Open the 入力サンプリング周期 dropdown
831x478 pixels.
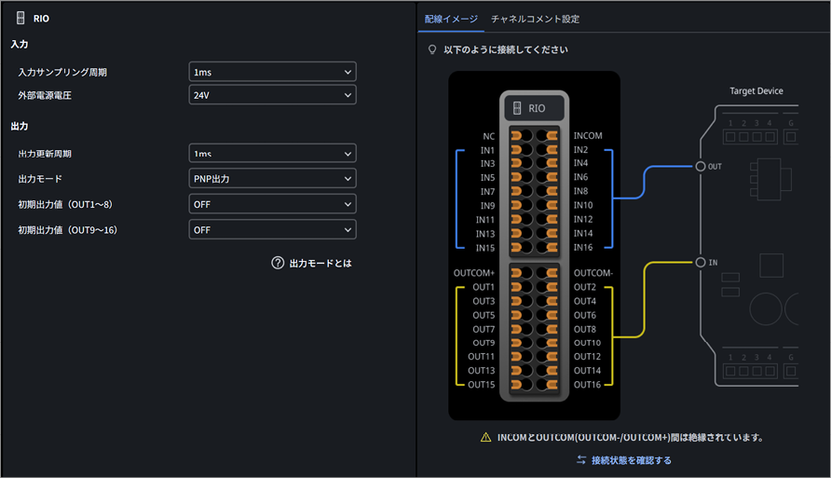(272, 72)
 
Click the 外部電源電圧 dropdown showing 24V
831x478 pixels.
(272, 95)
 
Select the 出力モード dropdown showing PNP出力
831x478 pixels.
(272, 179)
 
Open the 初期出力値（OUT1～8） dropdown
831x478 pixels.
(272, 204)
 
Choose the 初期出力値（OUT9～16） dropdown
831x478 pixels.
(272, 229)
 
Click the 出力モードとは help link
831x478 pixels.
(311, 263)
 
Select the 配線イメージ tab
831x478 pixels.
(451, 19)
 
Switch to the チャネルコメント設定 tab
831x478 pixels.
(535, 19)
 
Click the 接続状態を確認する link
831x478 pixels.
(624, 460)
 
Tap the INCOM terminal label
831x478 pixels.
(588, 136)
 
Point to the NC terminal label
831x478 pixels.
(489, 136)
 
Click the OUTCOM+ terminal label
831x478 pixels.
(474, 273)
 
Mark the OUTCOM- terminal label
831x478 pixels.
(593, 273)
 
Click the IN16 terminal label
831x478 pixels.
(583, 247)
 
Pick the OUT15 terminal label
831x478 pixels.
(482, 384)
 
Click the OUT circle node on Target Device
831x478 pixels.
(700, 167)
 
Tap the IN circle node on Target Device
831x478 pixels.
(700, 263)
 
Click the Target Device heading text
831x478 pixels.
(756, 90)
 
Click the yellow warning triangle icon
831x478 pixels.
(485, 437)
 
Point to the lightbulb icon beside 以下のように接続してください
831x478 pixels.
(432, 49)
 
